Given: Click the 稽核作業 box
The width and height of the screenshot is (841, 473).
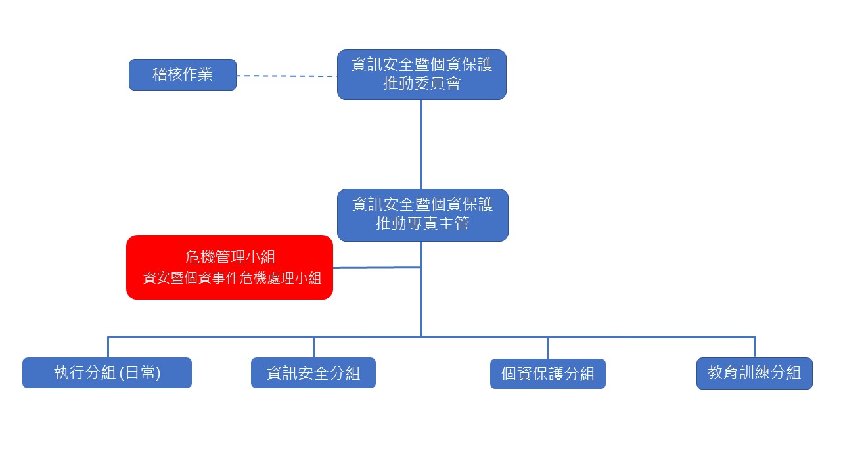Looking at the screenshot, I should click(x=182, y=75).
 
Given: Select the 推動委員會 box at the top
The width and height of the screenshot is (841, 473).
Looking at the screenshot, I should click(x=421, y=74).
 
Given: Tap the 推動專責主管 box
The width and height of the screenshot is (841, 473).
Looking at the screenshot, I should click(x=422, y=215).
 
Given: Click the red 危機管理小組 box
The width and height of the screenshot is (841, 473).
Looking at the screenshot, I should click(x=229, y=267).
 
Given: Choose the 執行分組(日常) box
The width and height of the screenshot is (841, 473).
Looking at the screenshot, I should click(x=106, y=373).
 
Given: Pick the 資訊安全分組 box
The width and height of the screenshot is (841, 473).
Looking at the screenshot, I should click(x=313, y=373).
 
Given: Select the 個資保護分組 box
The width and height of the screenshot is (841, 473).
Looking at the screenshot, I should click(x=547, y=374).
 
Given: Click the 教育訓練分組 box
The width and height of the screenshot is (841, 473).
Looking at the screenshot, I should click(x=754, y=373).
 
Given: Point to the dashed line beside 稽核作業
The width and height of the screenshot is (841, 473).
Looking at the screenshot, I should click(x=286, y=76).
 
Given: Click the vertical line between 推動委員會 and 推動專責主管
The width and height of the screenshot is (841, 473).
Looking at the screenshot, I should click(x=421, y=145).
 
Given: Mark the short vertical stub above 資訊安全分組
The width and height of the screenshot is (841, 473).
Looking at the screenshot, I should click(x=313, y=347).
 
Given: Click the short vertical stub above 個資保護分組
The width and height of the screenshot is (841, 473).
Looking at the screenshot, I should click(x=547, y=348).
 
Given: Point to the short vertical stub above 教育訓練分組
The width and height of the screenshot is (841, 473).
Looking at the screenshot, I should click(x=754, y=347).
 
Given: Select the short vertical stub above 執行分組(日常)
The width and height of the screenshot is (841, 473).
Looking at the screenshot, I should click(x=108, y=347).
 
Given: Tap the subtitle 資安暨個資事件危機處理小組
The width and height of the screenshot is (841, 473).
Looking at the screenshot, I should click(x=232, y=278).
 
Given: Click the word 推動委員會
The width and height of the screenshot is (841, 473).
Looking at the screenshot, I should click(x=421, y=84).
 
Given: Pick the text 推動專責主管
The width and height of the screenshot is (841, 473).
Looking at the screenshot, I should click(x=422, y=224).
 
